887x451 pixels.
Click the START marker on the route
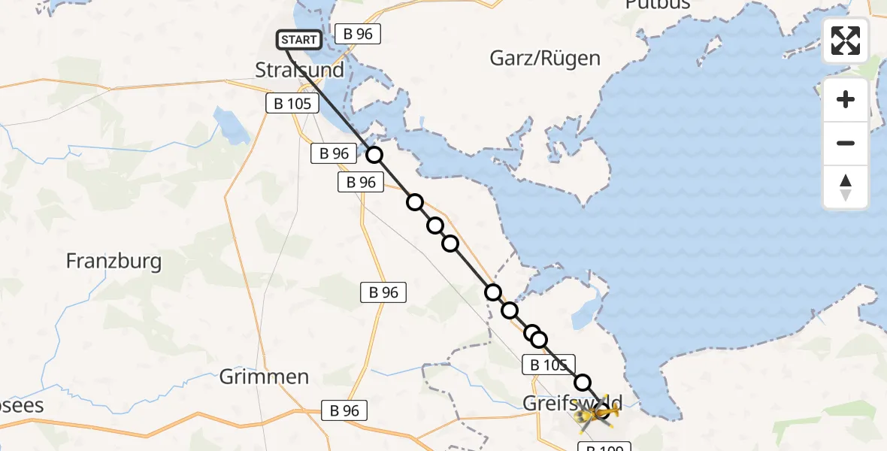pos(300,40)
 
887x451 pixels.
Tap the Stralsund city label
pos(299,71)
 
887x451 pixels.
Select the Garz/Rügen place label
pos(545,58)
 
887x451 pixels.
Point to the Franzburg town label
pos(114,262)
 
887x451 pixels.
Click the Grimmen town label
pos(264,377)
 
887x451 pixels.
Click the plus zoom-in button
pos(846,99)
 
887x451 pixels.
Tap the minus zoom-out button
pos(846,143)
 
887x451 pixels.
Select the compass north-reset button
pos(846,187)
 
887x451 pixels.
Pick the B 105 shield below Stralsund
pos(289,104)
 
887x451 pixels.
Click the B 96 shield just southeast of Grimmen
pos(345,410)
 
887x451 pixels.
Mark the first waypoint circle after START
pos(374,156)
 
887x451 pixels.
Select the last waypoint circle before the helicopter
pos(583,383)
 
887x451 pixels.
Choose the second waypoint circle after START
pos(414,202)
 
